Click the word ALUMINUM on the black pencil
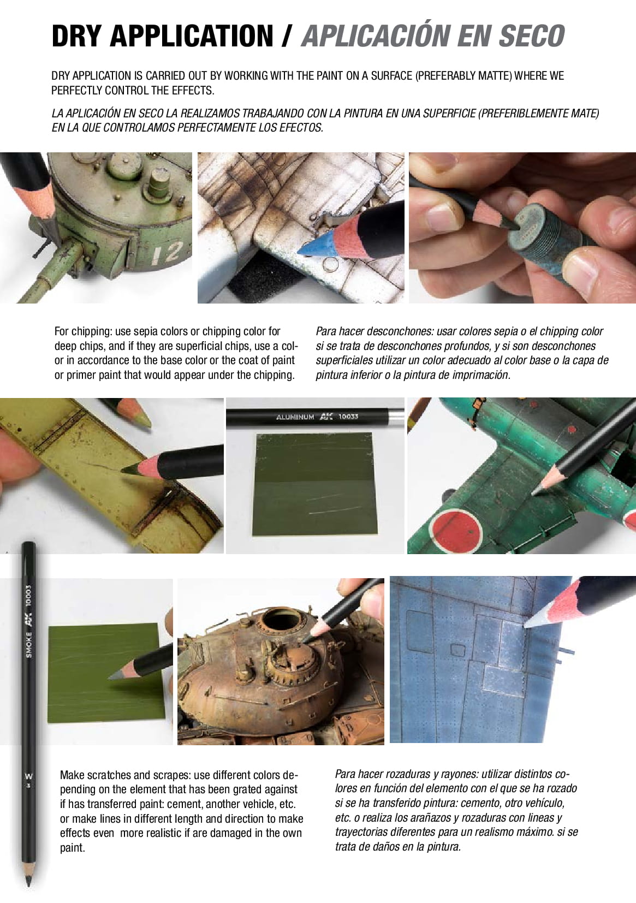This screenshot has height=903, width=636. (295, 417)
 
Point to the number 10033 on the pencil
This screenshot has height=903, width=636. (348, 417)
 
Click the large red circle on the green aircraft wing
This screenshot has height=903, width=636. (456, 528)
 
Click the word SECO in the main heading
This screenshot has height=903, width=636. (532, 35)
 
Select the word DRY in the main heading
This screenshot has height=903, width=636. (76, 36)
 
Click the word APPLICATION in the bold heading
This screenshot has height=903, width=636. (192, 36)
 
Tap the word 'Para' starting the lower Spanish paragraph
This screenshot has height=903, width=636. (346, 774)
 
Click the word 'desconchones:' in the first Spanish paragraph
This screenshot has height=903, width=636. (398, 331)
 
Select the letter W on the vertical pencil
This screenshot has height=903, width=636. (29, 776)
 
